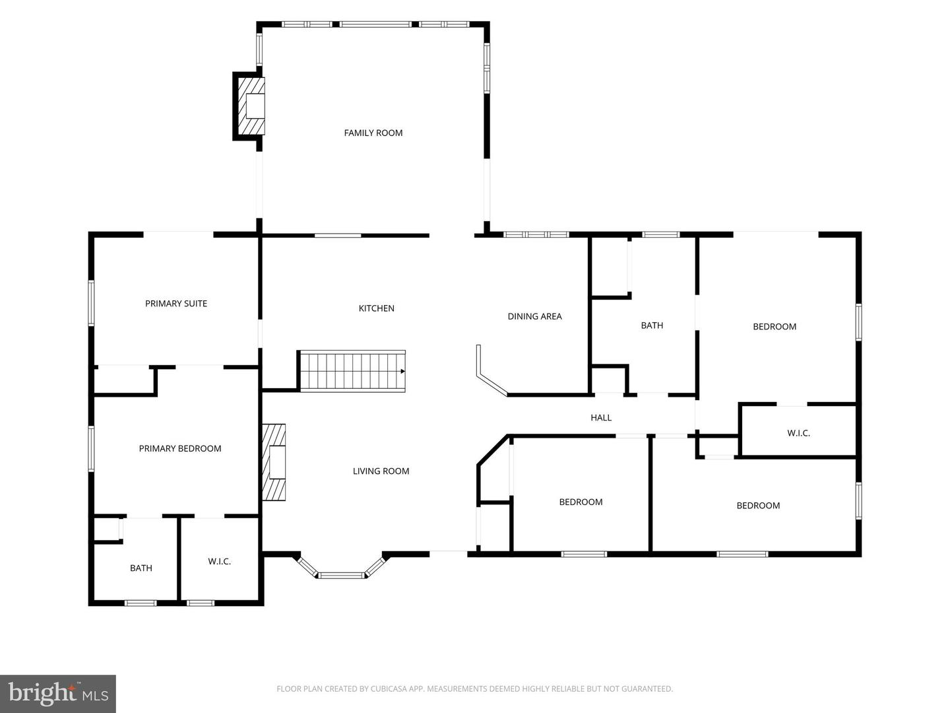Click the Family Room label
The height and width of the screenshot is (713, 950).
pos(373,133)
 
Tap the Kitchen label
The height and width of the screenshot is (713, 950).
pos(376,308)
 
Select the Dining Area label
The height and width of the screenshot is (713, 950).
pos(534,316)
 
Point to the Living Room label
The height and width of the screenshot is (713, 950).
pos(381,471)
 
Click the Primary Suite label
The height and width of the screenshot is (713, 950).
pos(175,304)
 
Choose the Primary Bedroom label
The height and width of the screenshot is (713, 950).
pos(179,448)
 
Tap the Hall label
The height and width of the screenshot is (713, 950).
pos(601,417)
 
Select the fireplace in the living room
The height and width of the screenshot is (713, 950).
pos(274,462)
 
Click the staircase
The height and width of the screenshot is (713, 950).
pos(353,371)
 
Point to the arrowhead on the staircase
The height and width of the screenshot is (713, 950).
pos(402,371)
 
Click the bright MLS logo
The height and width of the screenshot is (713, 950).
pos(58,693)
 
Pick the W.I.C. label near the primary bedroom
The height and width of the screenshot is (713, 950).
pos(219,561)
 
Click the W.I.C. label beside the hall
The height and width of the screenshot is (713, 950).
pos(798,433)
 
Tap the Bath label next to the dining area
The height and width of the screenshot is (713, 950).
pos(652,325)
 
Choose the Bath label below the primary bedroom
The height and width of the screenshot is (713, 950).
pos(141,568)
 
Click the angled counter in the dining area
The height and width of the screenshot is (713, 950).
pos(490,375)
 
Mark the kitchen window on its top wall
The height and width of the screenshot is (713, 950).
pos(338,236)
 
